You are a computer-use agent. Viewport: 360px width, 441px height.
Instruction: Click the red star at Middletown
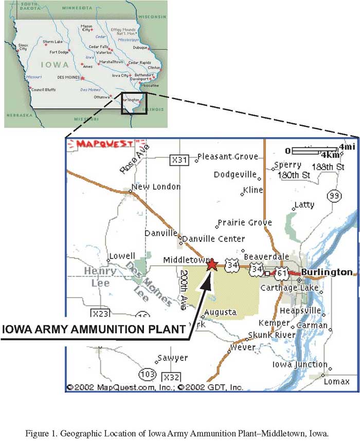tap(212, 264)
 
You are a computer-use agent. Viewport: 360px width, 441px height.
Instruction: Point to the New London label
tap(156, 187)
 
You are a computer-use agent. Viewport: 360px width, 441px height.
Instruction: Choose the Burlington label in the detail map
tap(327, 272)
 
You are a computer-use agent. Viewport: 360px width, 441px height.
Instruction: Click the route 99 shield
tap(334, 196)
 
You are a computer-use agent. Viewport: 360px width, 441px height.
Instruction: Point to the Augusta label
tap(221, 312)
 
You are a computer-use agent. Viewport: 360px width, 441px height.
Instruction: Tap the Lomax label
tap(336, 381)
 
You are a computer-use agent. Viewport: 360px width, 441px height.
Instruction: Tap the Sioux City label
tap(23, 47)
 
